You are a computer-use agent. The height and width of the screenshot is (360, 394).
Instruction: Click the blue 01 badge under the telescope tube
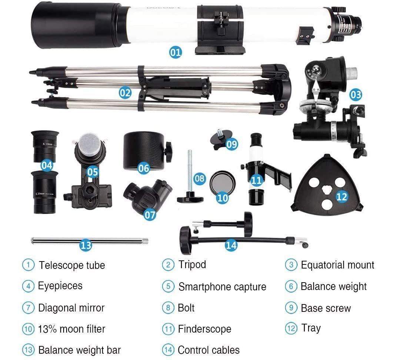click(176, 52)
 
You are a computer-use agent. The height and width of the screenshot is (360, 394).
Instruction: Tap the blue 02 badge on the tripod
click(125, 92)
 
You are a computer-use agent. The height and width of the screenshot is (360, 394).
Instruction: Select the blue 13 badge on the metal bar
click(86, 245)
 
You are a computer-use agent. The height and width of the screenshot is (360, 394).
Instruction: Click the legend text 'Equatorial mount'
click(337, 265)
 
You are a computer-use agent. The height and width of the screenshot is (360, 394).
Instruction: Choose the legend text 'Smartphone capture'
click(222, 287)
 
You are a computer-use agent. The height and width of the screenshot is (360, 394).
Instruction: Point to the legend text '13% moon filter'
click(71, 329)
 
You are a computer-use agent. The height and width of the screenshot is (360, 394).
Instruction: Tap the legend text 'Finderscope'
click(204, 329)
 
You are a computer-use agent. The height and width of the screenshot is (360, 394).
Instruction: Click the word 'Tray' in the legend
click(311, 328)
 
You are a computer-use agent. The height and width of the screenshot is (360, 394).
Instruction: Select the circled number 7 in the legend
click(28, 308)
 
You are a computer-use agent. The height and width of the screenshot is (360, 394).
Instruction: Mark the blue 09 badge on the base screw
click(231, 143)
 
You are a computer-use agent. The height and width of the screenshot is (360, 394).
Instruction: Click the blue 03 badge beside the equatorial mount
click(355, 94)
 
